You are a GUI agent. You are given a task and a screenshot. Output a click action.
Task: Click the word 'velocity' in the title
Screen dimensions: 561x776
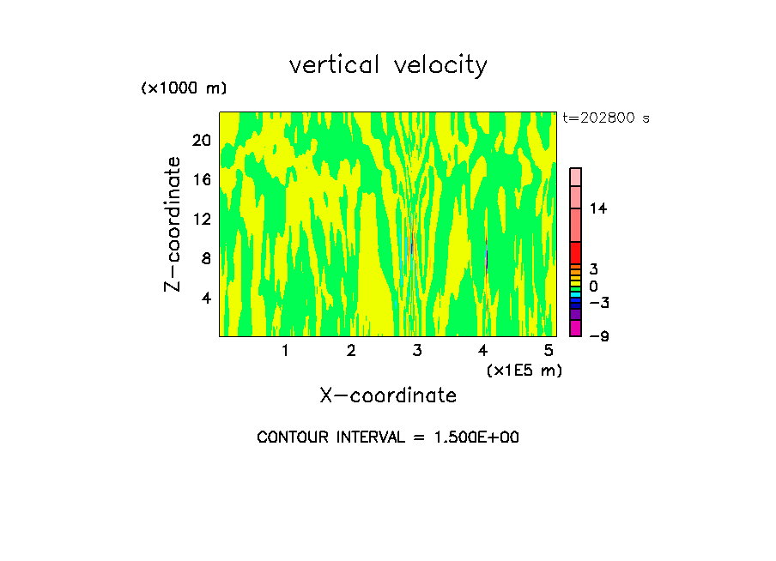tap(440, 66)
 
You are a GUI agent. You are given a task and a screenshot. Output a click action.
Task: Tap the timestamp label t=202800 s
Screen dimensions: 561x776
tap(606, 118)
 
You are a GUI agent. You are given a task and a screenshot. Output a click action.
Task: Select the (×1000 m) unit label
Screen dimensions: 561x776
tap(183, 88)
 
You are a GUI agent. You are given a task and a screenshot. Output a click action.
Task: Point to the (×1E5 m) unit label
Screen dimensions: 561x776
tap(524, 370)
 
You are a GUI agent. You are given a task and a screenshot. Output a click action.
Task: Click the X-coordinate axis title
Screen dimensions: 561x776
tap(388, 395)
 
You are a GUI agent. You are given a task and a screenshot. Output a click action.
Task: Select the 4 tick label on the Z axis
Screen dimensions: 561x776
tap(205, 298)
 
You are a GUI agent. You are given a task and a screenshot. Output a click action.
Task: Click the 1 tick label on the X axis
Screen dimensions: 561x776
tap(285, 351)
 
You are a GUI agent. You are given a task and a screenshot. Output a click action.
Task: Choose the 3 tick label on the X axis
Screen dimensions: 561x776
tap(417, 351)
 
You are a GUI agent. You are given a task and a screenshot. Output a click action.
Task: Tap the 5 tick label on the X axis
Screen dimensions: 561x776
tap(549, 351)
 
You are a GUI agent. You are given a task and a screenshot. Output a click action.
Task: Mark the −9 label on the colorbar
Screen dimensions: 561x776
tap(598, 336)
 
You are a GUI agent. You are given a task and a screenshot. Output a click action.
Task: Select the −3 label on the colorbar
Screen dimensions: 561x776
tap(598, 303)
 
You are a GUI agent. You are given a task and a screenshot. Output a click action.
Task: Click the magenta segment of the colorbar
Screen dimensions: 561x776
tap(576, 328)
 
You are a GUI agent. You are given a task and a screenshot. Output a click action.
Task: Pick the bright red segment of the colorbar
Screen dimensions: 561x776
tap(576, 253)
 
